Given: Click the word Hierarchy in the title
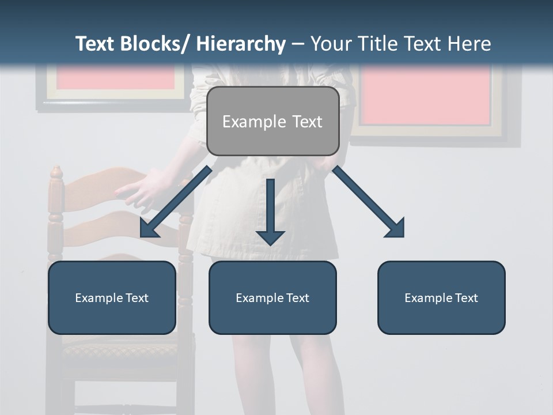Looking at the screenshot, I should [x=241, y=44].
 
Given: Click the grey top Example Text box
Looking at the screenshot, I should [x=272, y=121].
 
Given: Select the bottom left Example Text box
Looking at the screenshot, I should [x=112, y=297].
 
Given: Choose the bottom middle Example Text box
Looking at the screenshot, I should [x=272, y=297].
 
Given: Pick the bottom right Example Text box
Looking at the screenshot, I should [x=441, y=297].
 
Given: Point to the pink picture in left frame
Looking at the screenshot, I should [x=116, y=78].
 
